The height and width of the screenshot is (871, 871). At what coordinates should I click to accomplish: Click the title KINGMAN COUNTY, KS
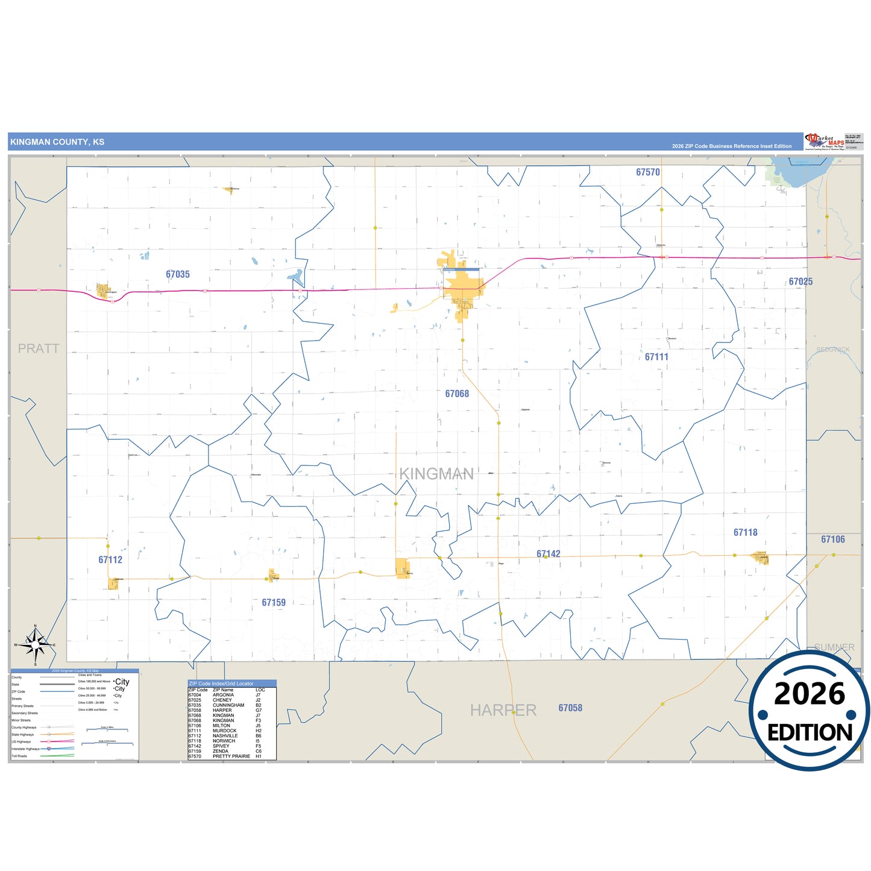point(57,142)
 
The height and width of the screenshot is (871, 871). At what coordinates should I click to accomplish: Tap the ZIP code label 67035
point(178,274)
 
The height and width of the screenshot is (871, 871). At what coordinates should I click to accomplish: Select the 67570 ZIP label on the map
point(648,172)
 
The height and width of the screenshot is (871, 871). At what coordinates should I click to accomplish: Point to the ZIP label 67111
point(656,357)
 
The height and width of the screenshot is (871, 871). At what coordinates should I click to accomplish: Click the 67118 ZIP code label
point(746,532)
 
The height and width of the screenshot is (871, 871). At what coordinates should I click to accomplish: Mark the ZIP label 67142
point(549,554)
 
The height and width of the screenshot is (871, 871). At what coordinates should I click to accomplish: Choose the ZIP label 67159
point(274,602)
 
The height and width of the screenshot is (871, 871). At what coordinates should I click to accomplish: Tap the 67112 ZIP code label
point(110,559)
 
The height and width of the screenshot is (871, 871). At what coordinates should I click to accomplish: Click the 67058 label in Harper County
point(570,708)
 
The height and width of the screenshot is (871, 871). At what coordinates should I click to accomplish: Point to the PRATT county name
point(39,348)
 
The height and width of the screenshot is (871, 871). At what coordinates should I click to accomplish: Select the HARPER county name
point(503,710)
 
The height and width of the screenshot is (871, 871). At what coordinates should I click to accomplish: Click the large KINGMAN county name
point(436,474)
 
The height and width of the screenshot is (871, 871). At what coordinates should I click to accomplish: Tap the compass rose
point(36,645)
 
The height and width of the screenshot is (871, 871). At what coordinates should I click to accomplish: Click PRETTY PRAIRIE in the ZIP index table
point(231,756)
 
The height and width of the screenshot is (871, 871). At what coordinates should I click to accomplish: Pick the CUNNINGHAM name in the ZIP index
point(228,705)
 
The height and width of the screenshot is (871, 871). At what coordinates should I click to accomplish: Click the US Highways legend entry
point(21,741)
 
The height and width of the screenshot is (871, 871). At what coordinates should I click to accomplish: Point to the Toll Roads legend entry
point(19,756)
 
